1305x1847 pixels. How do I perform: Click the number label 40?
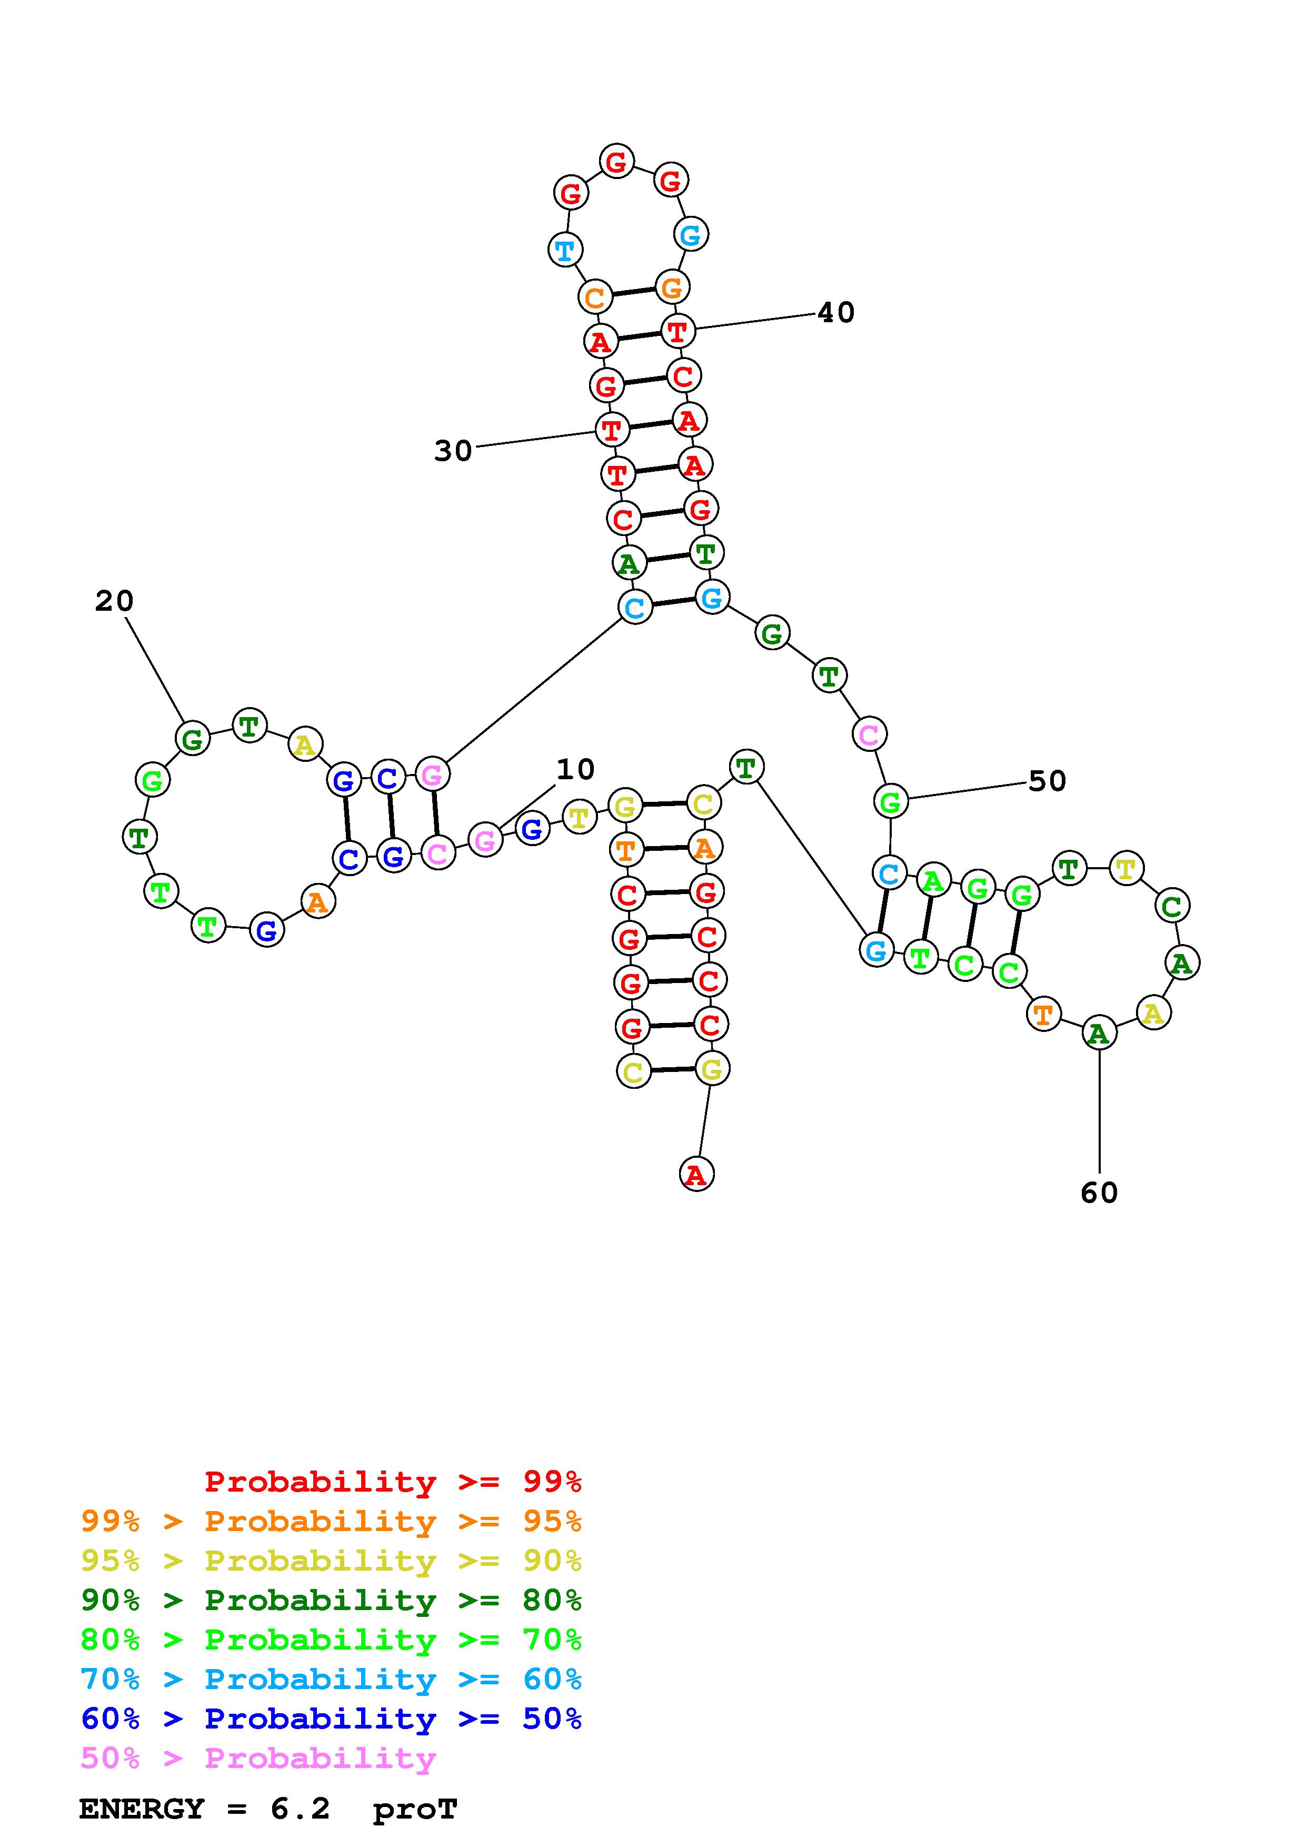pyautogui.click(x=835, y=313)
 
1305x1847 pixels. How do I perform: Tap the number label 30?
pyautogui.click(x=453, y=451)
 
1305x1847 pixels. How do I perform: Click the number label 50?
pyautogui.click(x=1047, y=781)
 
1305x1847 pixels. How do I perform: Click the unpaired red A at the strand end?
pyautogui.click(x=696, y=1175)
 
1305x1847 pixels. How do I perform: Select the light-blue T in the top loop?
pyautogui.click(x=565, y=250)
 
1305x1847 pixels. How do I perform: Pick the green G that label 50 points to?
pyautogui.click(x=890, y=802)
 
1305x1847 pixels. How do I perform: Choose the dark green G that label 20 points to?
pyautogui.click(x=192, y=739)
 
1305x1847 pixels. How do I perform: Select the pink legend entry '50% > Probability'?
pyautogui.click(x=258, y=1759)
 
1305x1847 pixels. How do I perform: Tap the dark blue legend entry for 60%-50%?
pyautogui.click(x=331, y=1719)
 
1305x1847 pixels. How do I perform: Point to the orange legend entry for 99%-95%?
pyautogui.click(x=331, y=1521)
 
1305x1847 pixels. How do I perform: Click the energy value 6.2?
pyautogui.click(x=300, y=1809)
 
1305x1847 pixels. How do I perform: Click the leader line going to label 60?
pyautogui.click(x=1099, y=1110)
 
